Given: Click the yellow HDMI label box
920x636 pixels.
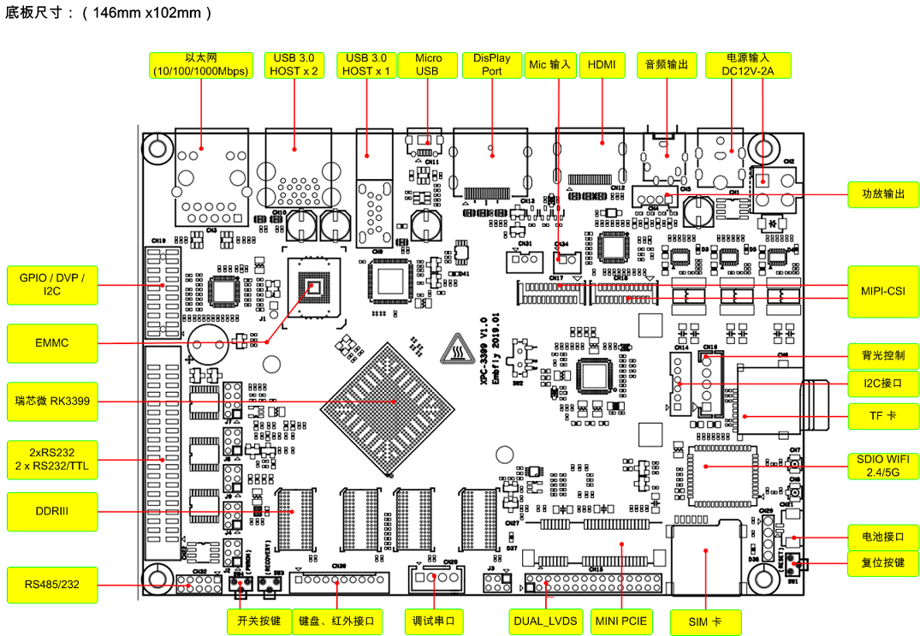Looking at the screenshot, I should pyautogui.click(x=602, y=65).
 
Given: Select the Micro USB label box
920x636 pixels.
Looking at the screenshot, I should pyautogui.click(x=428, y=65).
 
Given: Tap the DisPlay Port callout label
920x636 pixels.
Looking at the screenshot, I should pyautogui.click(x=491, y=65).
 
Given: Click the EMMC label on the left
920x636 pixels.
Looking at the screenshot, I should pyautogui.click(x=52, y=343).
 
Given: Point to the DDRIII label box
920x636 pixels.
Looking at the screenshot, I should pyautogui.click(x=52, y=511).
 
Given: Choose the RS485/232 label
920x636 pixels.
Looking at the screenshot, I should pyautogui.click(x=52, y=585).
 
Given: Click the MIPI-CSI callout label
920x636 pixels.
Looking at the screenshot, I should pyautogui.click(x=883, y=291).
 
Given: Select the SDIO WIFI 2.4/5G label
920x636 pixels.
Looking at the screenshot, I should pyautogui.click(x=883, y=466).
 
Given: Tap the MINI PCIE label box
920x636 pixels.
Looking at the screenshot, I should pyautogui.click(x=620, y=621).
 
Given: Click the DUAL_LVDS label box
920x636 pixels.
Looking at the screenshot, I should pyautogui.click(x=545, y=621).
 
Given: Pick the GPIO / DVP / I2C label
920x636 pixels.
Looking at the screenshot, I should pyautogui.click(x=52, y=285).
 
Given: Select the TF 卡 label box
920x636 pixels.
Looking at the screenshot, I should pyautogui.click(x=883, y=416).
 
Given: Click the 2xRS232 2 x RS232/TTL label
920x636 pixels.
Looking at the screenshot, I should pyautogui.click(x=52, y=459).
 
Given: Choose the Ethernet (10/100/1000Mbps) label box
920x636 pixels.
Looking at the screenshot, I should pyautogui.click(x=200, y=65).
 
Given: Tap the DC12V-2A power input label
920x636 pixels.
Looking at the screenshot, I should pyautogui.click(x=748, y=65).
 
